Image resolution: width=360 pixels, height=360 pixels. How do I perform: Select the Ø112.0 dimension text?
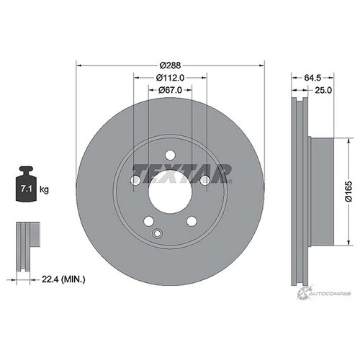tap(170, 78)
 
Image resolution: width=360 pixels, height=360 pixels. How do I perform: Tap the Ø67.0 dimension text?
tap(170, 90)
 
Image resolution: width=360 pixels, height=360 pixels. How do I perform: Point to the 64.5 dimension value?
tap(312, 78)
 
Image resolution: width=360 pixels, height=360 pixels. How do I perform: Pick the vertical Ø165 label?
tap(348, 192)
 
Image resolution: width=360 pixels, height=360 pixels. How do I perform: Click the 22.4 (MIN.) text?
tap(63, 279)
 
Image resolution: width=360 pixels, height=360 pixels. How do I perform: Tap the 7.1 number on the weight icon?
tap(26, 189)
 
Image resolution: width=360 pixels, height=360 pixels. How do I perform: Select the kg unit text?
tap(44, 190)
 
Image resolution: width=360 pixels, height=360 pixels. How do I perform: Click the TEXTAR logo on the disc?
tap(182, 174)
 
